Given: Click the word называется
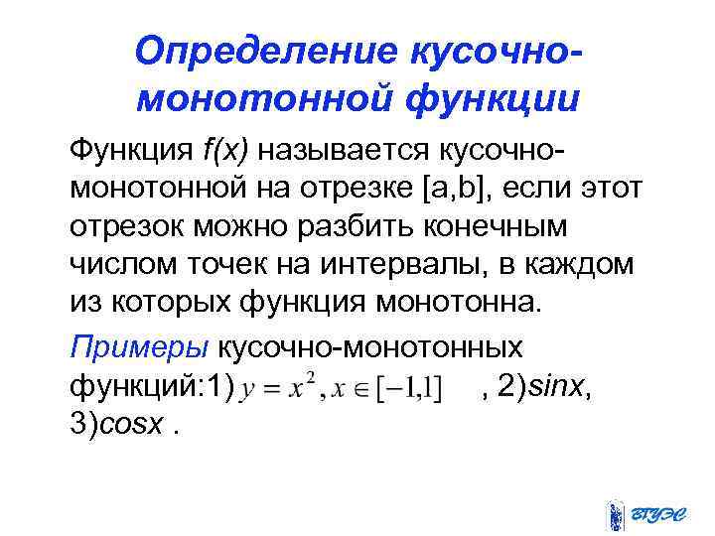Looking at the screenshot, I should pos(341,150).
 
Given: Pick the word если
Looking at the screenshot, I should pos(551,188).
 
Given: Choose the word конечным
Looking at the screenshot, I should pos(506,226).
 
